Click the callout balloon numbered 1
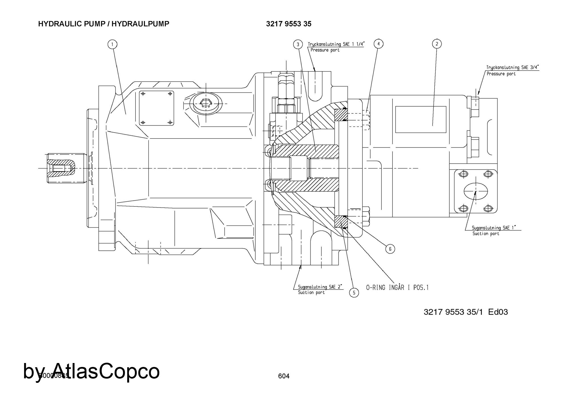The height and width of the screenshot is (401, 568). [x=112, y=44]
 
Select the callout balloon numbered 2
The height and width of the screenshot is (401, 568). [x=437, y=44]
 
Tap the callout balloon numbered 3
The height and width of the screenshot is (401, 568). [x=298, y=44]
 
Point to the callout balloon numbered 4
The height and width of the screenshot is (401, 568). [x=378, y=44]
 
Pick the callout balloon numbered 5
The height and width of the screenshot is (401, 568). [x=354, y=293]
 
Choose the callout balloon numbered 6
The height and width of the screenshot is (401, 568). [x=390, y=249]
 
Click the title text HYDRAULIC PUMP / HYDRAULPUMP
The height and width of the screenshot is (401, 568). [x=104, y=24]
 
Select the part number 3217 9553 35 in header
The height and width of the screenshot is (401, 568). [x=289, y=24]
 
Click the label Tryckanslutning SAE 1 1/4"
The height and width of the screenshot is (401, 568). [x=336, y=44]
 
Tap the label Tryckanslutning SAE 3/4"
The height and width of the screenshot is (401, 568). [x=513, y=67]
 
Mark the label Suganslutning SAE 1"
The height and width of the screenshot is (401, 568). [x=494, y=228]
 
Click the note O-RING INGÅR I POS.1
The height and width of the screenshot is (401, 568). [x=397, y=288]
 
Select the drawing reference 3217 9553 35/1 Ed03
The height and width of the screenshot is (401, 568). [x=466, y=312]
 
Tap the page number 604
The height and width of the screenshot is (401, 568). [x=284, y=376]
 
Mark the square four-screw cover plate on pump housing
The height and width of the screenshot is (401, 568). [x=156, y=108]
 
